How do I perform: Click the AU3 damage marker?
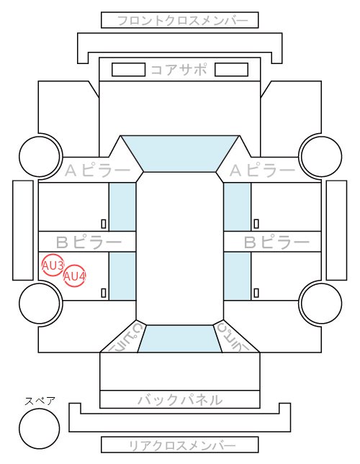coord(53,265)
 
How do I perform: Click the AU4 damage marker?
coord(75,276)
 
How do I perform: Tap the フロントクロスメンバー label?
coord(182,21)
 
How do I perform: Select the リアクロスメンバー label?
coord(182,445)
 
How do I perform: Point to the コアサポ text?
coord(179,70)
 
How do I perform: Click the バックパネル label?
coord(180,400)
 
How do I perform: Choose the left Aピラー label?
coord(97,170)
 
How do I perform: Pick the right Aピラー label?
coord(262,170)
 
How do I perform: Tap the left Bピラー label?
coord(89,242)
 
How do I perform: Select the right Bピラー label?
coord(276,242)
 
